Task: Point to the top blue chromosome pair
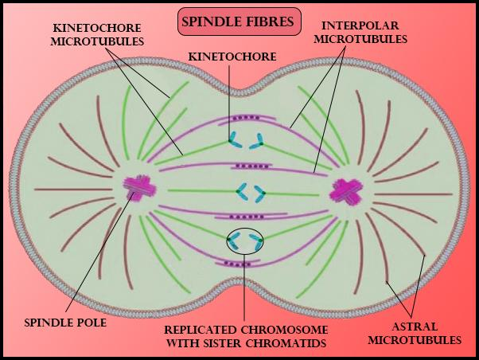coord(246,141)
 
